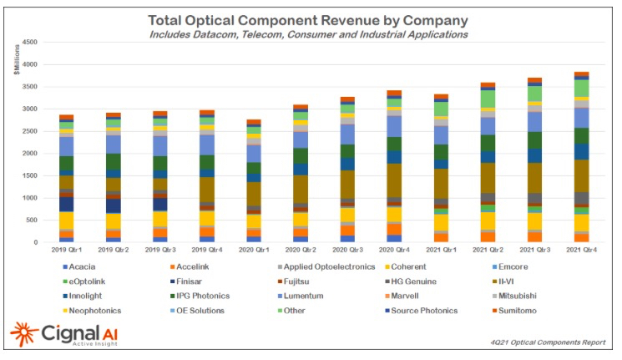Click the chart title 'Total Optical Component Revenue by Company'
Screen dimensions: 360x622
point(308,19)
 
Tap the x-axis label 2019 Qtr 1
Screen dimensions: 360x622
point(66,251)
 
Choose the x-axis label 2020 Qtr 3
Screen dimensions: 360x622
point(347,251)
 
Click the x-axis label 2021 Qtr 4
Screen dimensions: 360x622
point(581,251)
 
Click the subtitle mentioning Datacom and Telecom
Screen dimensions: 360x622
point(308,34)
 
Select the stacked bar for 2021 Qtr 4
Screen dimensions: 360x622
point(581,158)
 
